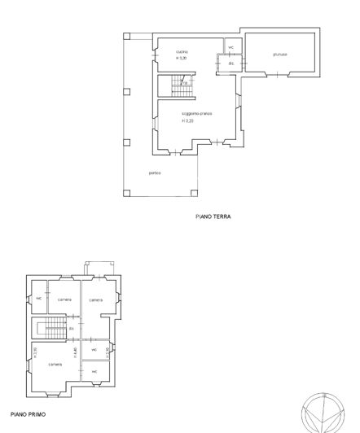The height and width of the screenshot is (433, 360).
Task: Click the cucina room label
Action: [182, 52]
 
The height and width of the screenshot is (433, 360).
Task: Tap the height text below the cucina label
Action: [182, 59]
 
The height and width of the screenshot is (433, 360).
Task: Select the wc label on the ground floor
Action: [230, 47]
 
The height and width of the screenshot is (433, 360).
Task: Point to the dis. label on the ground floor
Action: [230, 63]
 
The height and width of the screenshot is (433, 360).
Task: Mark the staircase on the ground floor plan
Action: [173, 82]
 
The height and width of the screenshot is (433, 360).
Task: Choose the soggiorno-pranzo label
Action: [196, 113]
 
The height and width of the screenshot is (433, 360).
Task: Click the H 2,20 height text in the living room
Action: [187, 120]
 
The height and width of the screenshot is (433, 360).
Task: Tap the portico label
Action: [155, 173]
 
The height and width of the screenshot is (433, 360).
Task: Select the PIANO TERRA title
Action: [213, 217]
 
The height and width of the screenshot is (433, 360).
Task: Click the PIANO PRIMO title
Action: [29, 415]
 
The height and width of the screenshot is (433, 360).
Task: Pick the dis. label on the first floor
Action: [72, 329]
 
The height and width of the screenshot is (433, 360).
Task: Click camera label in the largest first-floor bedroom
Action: [55, 364]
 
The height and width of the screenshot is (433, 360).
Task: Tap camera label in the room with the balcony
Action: [96, 300]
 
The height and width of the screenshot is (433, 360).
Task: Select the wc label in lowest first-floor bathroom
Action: [94, 372]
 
